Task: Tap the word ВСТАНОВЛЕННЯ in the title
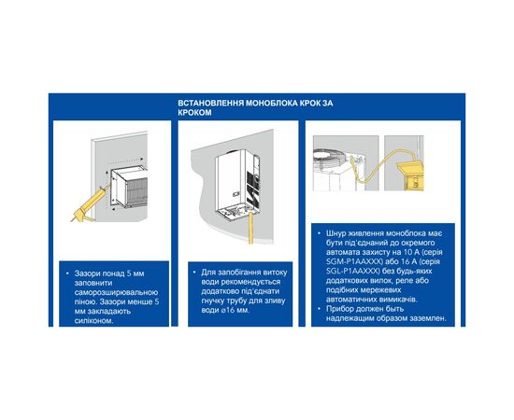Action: click(211, 103)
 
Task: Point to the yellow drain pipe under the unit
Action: click(251, 228)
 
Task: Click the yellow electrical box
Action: click(410, 175)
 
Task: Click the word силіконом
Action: click(93, 320)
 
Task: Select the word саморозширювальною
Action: click(117, 292)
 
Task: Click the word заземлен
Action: click(428, 318)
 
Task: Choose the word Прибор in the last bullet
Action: click(339, 309)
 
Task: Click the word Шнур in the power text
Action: click(335, 233)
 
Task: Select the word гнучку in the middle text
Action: click(214, 301)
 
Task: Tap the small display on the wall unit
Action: click(236, 194)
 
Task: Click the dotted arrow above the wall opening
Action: click(125, 159)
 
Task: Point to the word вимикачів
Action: click(400, 300)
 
